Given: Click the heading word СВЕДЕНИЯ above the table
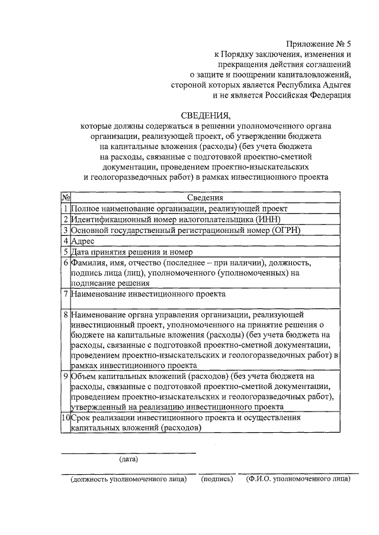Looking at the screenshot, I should tap(204, 115).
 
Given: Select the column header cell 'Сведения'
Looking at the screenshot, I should tap(205, 199).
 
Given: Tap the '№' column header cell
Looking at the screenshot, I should tap(66, 199).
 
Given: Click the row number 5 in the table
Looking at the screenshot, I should tap(66, 252).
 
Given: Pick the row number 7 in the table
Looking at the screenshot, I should tap(66, 293).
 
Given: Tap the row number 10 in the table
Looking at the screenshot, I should tap(66, 418).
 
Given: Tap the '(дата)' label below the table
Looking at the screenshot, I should tap(129, 459).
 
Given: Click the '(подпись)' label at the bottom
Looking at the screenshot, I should tap(216, 480).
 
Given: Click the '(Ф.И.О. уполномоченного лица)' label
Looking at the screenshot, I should tap(298, 480).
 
